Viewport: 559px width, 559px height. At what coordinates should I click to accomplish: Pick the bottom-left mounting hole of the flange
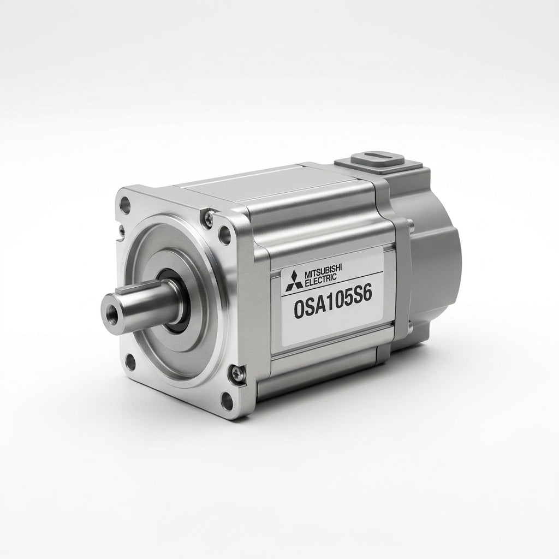coord(131,360)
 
